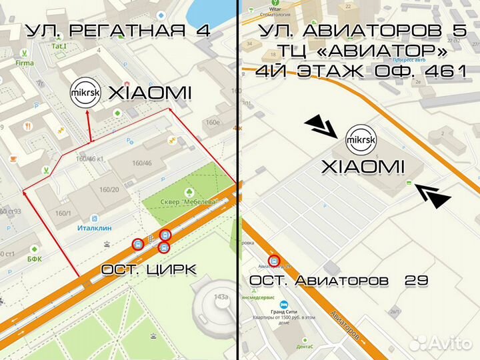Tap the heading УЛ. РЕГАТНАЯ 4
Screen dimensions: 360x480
(118, 31)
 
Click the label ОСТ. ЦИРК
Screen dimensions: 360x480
(149, 269)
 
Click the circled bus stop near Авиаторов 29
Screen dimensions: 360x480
(273, 261)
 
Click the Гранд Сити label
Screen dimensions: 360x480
(287, 310)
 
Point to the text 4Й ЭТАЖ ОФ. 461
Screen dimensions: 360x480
(362, 71)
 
